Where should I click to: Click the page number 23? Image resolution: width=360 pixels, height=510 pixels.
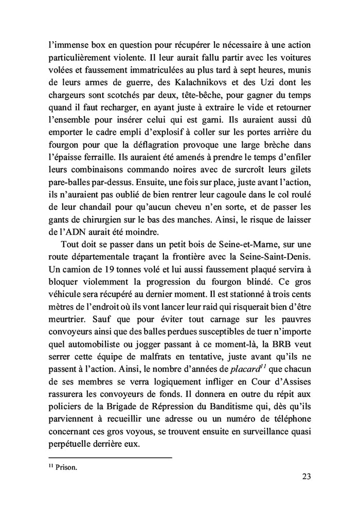coord(307,490)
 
